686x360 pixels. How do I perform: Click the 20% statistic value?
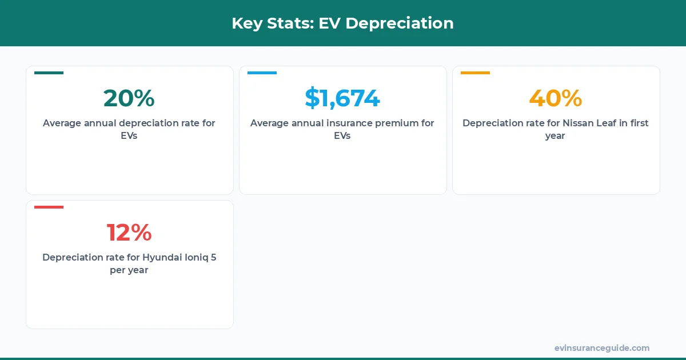tap(129, 98)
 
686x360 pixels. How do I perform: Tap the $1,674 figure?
tap(342, 98)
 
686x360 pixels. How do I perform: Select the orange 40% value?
tap(555, 98)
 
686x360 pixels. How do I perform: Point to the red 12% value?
tap(129, 233)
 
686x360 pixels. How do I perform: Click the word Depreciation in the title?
tap(399, 23)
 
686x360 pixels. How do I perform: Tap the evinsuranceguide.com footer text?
tap(601, 348)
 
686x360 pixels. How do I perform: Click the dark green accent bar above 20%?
tap(49, 73)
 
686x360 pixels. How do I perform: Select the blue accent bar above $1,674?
tap(262, 73)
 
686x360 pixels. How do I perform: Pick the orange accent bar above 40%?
tap(475, 73)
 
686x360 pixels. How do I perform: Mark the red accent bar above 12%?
tap(49, 207)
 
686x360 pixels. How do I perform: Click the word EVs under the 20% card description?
tap(129, 136)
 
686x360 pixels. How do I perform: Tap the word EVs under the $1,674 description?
tap(342, 136)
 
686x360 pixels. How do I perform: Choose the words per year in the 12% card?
tap(129, 270)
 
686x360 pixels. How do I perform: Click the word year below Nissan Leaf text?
tap(555, 136)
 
